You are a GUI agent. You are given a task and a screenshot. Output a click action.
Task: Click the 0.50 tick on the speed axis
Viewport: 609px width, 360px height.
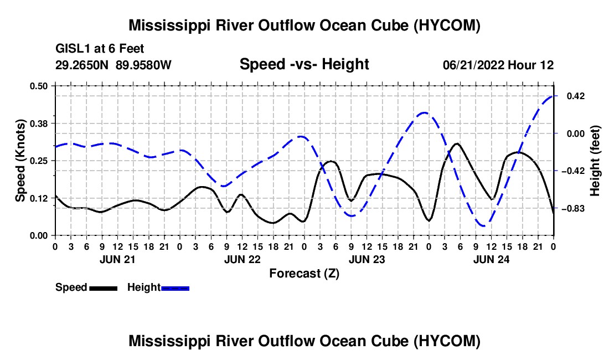coord(38,86)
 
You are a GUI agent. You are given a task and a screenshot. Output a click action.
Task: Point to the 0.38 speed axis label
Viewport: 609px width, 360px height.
coord(38,124)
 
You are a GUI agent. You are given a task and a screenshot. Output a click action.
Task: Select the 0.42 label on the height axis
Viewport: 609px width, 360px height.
coord(576,96)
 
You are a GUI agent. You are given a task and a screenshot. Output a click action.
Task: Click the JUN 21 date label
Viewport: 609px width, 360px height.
coord(117,259)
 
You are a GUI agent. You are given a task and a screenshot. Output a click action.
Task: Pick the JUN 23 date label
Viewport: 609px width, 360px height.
coord(367,259)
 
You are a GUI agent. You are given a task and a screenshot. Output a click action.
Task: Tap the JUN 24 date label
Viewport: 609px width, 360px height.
coord(491,259)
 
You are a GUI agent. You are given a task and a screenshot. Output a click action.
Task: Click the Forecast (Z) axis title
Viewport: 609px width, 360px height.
coord(304,274)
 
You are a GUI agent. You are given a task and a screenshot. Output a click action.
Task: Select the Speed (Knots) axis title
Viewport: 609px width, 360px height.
coord(20,161)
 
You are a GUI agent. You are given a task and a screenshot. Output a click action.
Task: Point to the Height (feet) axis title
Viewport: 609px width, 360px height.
coord(595,161)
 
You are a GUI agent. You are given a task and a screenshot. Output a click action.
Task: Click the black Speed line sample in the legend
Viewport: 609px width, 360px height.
coord(104,288)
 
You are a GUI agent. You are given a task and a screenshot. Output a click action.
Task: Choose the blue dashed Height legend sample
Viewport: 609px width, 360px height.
coord(175,288)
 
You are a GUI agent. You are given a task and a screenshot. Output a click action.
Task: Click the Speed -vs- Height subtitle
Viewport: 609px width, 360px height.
coord(304,64)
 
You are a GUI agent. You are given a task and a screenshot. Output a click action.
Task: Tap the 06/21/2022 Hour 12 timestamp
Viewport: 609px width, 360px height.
coord(498,65)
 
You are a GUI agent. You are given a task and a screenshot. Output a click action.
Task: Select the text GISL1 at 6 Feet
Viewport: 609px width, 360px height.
coord(100,49)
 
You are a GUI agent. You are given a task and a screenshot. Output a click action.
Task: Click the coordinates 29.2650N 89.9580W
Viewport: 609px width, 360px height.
coord(113,65)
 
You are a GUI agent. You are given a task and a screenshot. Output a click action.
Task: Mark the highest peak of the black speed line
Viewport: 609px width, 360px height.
coord(457,143)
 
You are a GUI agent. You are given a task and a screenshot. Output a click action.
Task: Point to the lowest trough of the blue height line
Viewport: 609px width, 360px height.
coord(483,225)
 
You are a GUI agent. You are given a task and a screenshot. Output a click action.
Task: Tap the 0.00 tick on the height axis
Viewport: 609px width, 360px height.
coord(576,133)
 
